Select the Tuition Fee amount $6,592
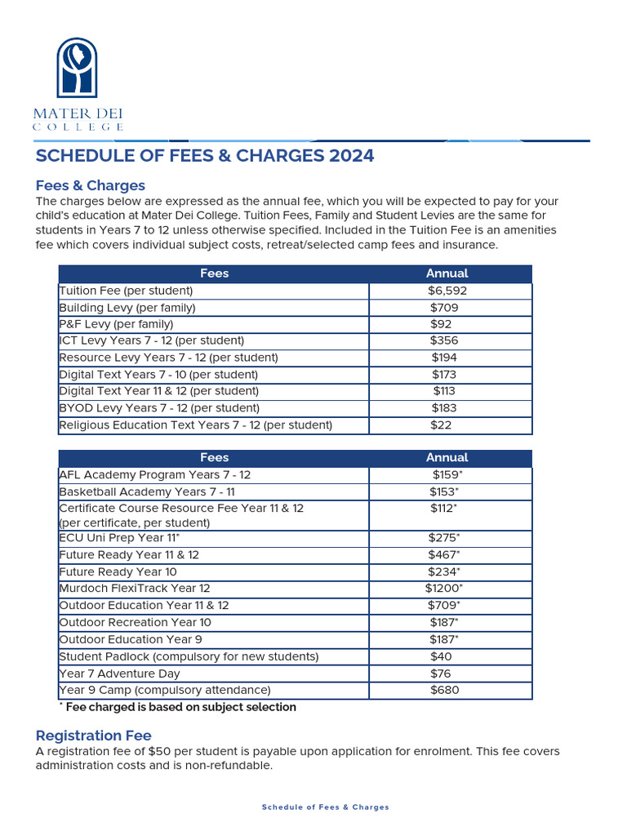coord(447,291)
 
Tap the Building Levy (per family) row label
coord(127,308)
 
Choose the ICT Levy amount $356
coord(444,340)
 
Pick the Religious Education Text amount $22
coord(441,425)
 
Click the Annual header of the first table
coord(447,273)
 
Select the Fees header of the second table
coord(214,458)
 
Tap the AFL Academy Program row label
coord(155,474)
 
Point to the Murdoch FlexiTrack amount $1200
coord(443,588)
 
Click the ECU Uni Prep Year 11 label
coord(119,537)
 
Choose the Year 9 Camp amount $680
coord(444,690)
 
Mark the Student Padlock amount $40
coord(441,656)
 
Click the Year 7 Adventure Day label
coord(119,674)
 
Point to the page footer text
coord(325,807)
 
